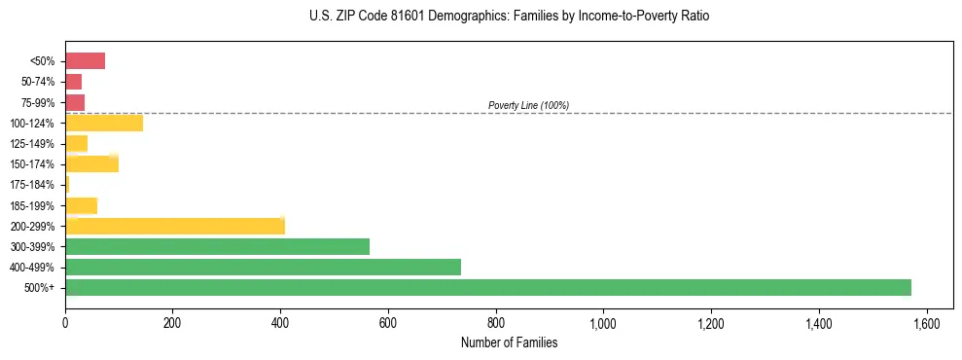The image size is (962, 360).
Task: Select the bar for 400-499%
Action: point(263,267)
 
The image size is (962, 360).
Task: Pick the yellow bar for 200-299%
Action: point(175,226)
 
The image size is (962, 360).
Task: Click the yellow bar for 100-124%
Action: point(104,123)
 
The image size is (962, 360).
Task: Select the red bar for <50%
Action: point(85,61)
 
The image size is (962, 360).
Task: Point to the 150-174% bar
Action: point(91,163)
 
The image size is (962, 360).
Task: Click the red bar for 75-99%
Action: point(75,102)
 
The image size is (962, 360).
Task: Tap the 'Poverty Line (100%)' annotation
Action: point(528,105)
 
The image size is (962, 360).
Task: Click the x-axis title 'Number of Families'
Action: point(509,342)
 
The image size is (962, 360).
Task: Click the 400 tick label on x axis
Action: point(280,323)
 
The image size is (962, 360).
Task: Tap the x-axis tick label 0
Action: point(65,323)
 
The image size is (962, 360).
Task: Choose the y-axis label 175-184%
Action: point(32,185)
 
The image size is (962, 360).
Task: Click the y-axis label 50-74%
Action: point(37,82)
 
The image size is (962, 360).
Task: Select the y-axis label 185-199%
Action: point(32,205)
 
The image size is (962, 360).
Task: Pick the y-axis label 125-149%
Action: point(32,144)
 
